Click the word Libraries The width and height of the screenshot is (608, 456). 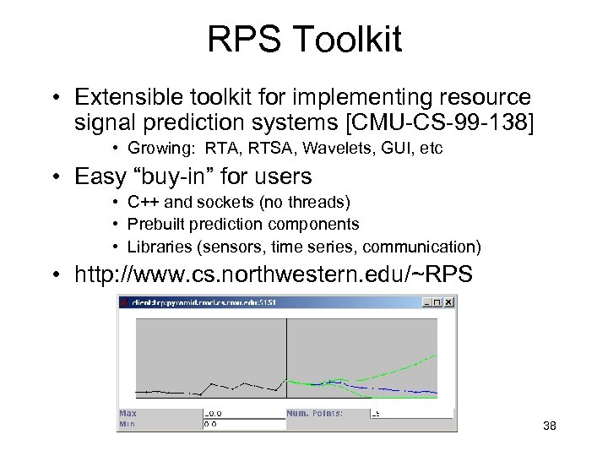tap(155, 247)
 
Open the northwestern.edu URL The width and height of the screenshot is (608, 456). tap(274, 274)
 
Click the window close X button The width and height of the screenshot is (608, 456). tap(448, 301)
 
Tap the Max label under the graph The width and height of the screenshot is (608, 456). tap(128, 413)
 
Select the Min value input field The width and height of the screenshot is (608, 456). tap(243, 425)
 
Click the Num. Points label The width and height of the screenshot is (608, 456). tap(314, 413)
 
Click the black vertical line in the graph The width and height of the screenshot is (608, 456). tap(287, 355)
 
